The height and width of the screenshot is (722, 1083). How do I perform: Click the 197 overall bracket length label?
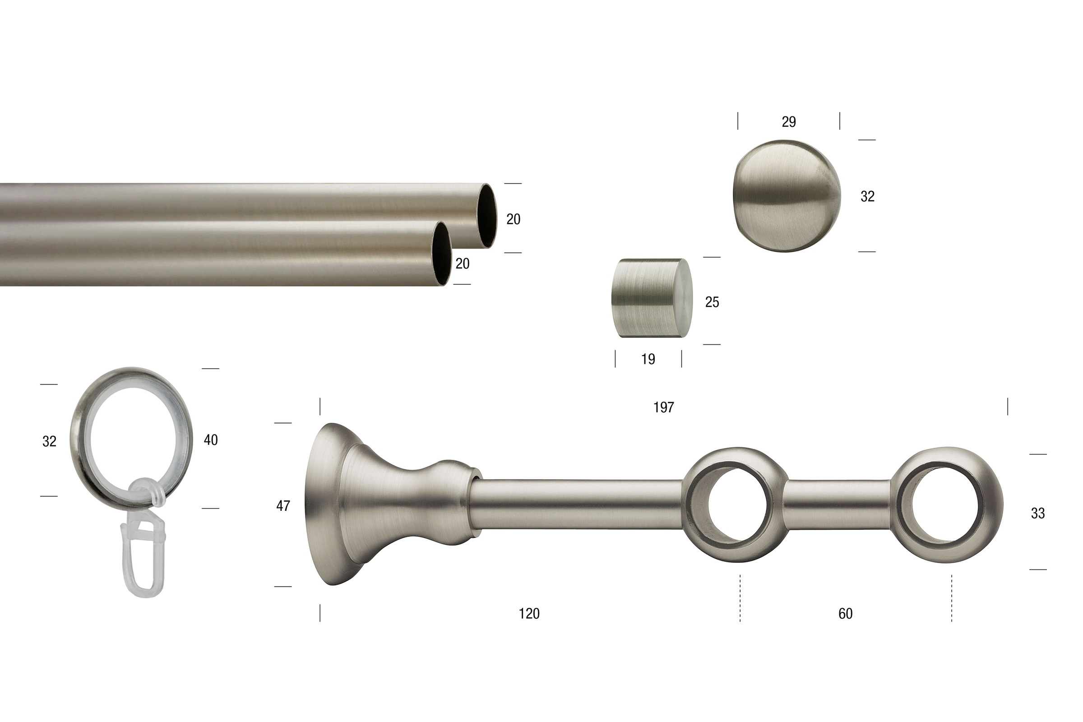click(663, 407)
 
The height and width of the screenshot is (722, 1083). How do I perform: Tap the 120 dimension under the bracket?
click(529, 614)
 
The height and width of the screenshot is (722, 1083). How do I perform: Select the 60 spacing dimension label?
click(845, 614)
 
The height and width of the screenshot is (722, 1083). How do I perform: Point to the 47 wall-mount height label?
click(283, 506)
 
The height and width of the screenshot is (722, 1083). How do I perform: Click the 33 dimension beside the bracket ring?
click(1038, 514)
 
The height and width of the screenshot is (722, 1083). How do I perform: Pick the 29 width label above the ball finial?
click(789, 122)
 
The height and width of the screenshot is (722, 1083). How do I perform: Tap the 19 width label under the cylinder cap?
click(648, 359)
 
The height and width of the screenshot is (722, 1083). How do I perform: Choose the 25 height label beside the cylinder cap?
click(712, 302)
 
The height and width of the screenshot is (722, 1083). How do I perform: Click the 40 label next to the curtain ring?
click(211, 440)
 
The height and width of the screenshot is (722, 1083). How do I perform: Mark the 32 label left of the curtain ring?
click(49, 442)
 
